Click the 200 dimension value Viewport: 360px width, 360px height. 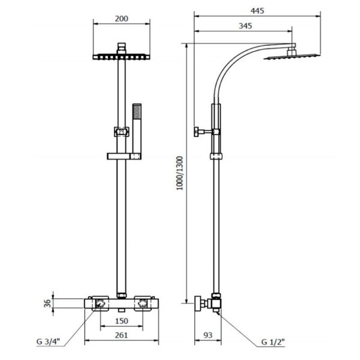coord(121,19)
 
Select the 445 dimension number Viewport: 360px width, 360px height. coord(257,11)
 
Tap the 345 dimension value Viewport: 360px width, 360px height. coord(245,26)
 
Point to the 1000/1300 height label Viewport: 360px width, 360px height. coord(180,173)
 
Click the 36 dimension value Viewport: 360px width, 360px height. coord(47,304)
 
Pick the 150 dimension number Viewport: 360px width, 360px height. coord(121,321)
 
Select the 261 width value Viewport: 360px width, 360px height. coord(121,335)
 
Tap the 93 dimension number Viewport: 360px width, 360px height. coord(208,335)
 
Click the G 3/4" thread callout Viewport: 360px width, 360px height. coord(48,341)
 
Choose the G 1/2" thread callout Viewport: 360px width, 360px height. coord(273,342)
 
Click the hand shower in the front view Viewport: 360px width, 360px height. coord(137,131)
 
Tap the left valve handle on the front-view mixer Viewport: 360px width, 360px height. coord(100,304)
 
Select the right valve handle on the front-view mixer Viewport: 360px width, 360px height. coord(143,304)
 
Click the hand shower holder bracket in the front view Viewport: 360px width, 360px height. coord(124,157)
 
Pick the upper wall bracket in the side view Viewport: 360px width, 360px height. coord(206,132)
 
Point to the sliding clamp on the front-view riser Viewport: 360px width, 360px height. coord(121,132)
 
